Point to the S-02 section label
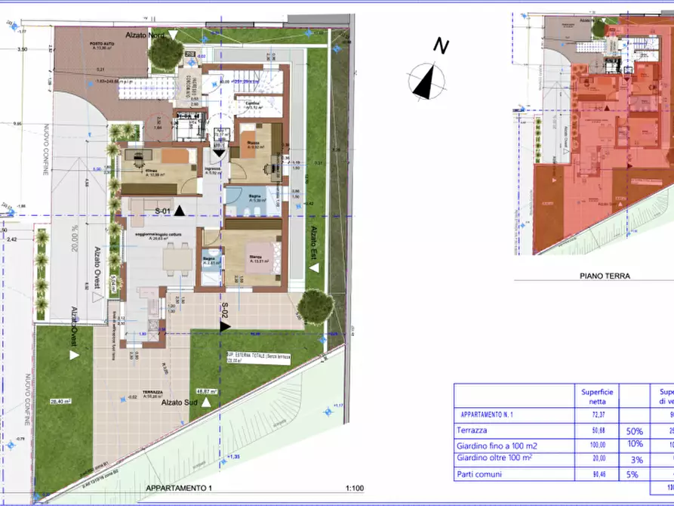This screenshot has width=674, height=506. click(224, 312)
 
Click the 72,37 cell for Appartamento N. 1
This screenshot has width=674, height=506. click(597, 415)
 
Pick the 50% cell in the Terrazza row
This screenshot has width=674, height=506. click(634, 430)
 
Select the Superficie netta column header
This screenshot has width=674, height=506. click(597, 396)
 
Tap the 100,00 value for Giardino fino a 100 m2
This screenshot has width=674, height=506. click(597, 445)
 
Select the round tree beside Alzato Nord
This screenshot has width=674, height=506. click(165, 52)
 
